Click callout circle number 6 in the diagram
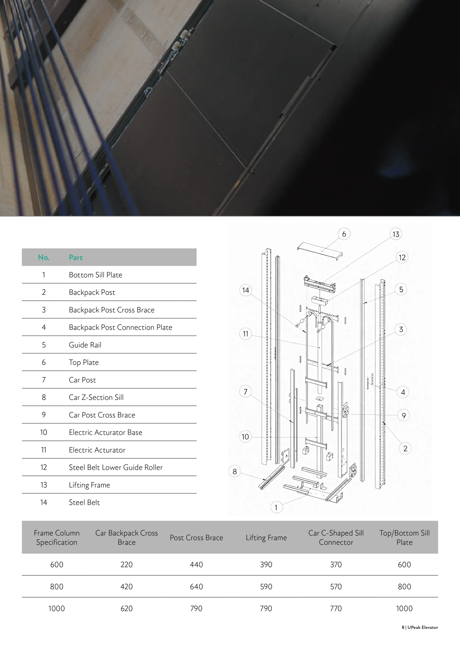[344, 234]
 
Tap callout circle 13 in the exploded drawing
[396, 234]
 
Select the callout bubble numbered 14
[246, 290]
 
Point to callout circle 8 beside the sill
[235, 471]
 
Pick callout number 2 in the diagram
[405, 448]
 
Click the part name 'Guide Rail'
[85, 345]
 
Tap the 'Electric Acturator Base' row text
[105, 432]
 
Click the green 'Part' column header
[76, 257]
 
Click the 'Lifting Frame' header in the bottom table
[266, 538]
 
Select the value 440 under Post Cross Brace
[196, 565]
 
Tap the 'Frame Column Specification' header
[57, 538]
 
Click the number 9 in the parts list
[44, 415]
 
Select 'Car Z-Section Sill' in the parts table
[96, 397]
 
